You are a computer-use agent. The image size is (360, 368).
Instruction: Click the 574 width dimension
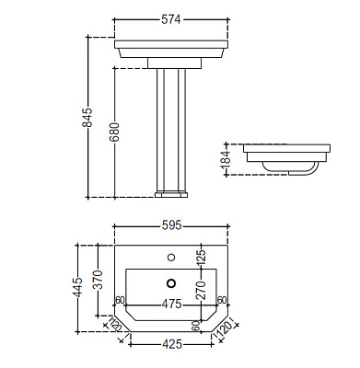(x=171, y=19)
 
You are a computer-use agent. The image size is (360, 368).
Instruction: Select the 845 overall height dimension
(x=87, y=117)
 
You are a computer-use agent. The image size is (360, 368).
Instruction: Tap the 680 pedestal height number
(x=114, y=132)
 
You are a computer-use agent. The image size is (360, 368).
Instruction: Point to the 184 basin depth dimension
(x=226, y=159)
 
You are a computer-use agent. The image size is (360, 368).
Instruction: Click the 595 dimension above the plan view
(x=171, y=225)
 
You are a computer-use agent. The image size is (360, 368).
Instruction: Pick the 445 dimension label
(x=77, y=287)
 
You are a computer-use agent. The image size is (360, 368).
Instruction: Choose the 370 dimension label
(x=98, y=280)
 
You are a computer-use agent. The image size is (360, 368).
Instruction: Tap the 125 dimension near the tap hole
(x=201, y=258)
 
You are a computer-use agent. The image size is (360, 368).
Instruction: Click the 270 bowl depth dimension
(x=201, y=290)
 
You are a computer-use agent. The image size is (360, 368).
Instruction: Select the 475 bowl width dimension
(x=171, y=305)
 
